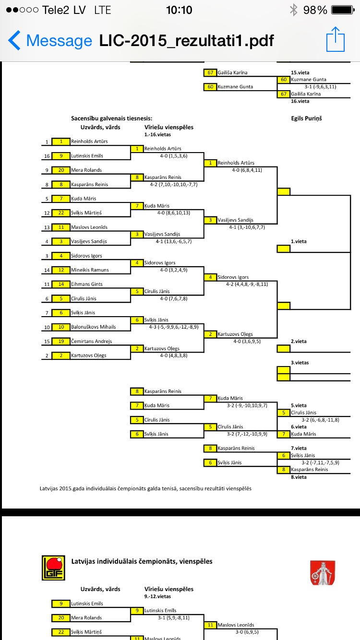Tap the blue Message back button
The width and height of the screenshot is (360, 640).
point(50,40)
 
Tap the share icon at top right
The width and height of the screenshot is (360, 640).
point(336,40)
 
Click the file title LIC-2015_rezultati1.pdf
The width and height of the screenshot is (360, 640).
point(186,40)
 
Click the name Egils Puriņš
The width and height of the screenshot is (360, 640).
point(306,118)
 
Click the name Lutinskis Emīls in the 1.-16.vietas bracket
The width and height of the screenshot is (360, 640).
point(87,156)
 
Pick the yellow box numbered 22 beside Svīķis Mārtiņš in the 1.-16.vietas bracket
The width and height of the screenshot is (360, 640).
point(61,213)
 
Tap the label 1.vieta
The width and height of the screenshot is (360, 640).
point(299,241)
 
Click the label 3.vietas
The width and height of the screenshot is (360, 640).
point(300,363)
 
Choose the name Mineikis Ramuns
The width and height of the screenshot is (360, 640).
point(90,270)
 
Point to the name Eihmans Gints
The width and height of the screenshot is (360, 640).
point(87,284)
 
